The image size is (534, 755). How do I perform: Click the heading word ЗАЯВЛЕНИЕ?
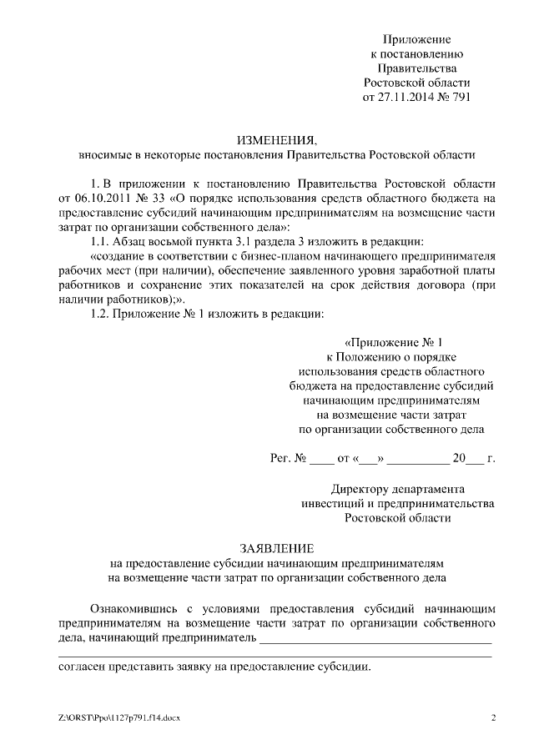[276, 548]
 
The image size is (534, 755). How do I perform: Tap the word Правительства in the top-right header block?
[416, 68]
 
